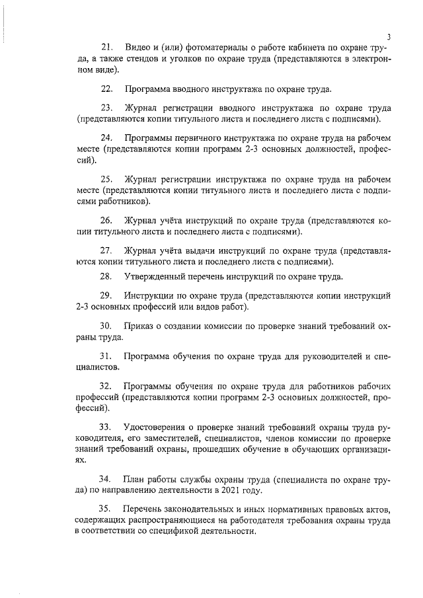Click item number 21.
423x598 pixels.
[108, 48]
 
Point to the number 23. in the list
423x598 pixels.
[107, 108]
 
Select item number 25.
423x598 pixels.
[107, 179]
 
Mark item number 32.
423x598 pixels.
[107, 387]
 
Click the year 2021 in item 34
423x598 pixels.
[236, 490]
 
